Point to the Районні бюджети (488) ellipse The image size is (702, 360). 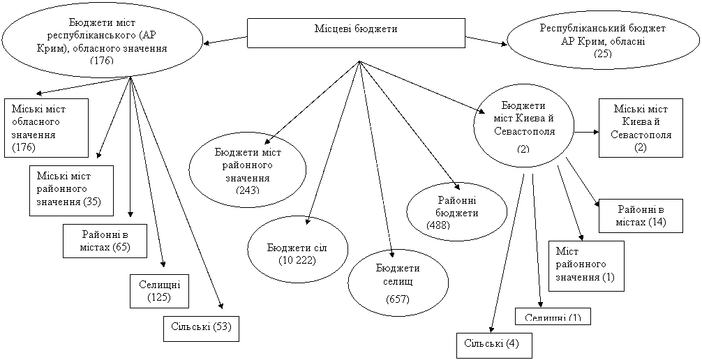[x=456, y=211]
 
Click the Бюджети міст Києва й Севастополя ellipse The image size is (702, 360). [x=524, y=126]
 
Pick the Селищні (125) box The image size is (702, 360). [x=160, y=290]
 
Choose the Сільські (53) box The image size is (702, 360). [x=201, y=329]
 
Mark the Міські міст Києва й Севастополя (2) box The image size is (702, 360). [x=641, y=128]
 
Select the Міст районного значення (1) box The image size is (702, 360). [x=585, y=265]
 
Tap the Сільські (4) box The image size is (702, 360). [x=493, y=345]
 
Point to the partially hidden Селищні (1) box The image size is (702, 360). [x=553, y=316]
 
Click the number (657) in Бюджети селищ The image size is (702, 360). [x=397, y=299]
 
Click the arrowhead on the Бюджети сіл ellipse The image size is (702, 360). [x=307, y=222]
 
